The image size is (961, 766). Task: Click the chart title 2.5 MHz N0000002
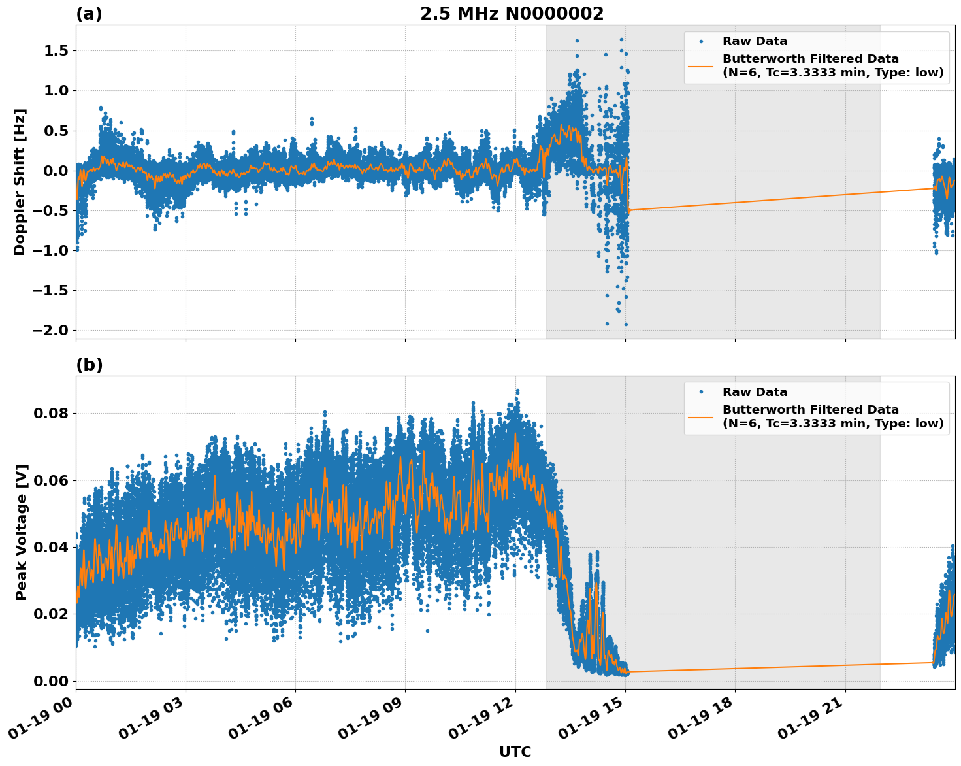click(x=512, y=14)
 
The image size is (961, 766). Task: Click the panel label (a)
click(x=89, y=14)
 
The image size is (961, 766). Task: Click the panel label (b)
click(x=89, y=365)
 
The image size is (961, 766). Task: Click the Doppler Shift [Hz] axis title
click(x=20, y=182)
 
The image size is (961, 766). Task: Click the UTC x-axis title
click(x=515, y=752)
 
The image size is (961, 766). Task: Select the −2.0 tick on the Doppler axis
click(x=50, y=330)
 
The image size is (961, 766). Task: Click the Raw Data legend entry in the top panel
click(x=755, y=41)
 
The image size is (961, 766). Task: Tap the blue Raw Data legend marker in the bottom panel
click(x=701, y=392)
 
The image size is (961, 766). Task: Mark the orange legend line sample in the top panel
click(x=701, y=65)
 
